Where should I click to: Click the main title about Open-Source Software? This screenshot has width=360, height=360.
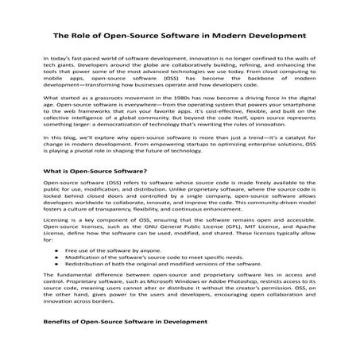click(180, 36)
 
